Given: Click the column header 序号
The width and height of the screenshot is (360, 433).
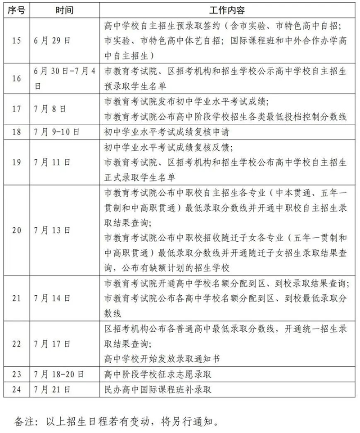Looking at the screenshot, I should click(17, 9).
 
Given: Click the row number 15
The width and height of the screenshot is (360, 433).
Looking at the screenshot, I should click(17, 41).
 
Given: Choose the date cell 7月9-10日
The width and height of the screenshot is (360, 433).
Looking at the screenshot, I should click(57, 132).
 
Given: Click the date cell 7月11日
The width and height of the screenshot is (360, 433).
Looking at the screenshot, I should click(52, 162).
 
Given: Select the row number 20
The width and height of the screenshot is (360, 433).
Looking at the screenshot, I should click(17, 230).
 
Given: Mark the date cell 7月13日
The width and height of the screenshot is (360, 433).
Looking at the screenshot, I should click(52, 230).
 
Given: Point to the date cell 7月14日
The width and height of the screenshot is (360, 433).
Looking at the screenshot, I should click(52, 298).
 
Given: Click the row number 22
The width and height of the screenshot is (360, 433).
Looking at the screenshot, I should click(17, 344).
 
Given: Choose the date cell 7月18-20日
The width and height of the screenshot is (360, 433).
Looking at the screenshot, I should click(59, 374).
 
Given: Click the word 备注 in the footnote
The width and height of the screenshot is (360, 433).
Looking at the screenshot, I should click(25, 422).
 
